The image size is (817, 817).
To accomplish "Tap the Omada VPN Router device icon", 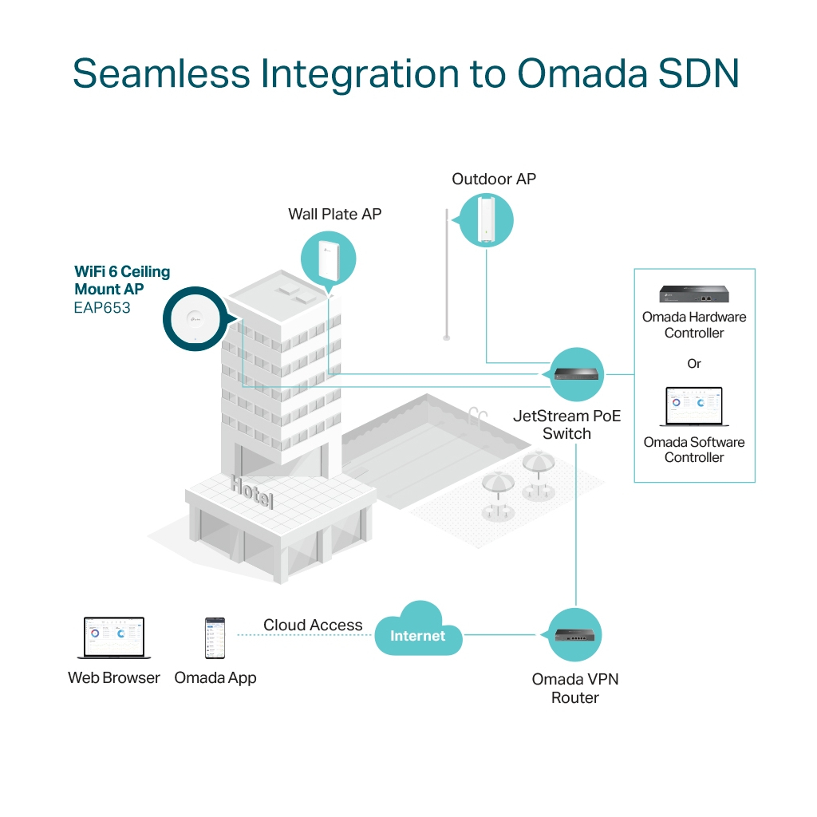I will pyautogui.click(x=575, y=635).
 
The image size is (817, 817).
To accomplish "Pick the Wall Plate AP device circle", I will pyautogui.click(x=328, y=259).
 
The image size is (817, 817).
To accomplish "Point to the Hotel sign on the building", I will pyautogui.click(x=252, y=491).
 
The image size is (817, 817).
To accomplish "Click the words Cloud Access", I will pyautogui.click(x=313, y=626).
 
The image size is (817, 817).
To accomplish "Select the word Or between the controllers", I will pyautogui.click(x=694, y=364).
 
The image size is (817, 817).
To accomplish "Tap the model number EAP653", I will pyautogui.click(x=102, y=307).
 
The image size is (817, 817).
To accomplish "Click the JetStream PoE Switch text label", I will pyautogui.click(x=566, y=424).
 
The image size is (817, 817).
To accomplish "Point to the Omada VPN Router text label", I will pyautogui.click(x=575, y=689).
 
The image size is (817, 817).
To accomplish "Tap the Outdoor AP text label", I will pyautogui.click(x=494, y=179).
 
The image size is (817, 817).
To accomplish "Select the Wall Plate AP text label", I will pyautogui.click(x=334, y=214).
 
